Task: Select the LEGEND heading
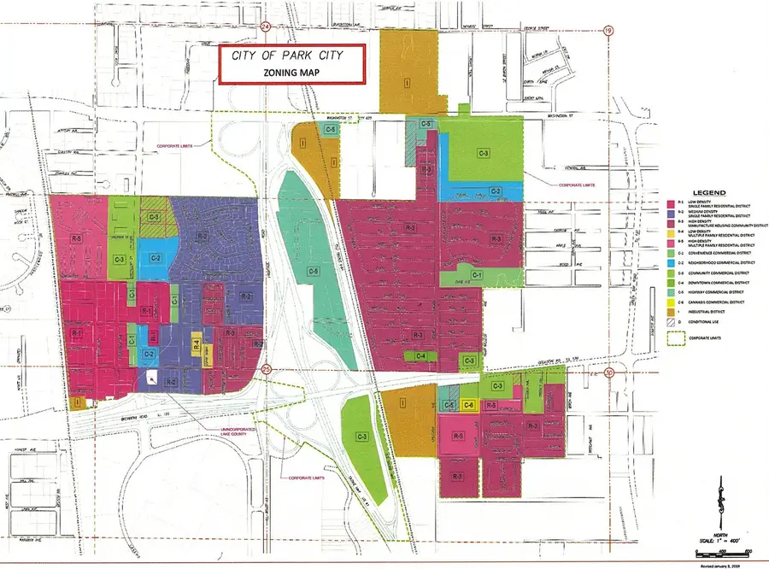pos(708,194)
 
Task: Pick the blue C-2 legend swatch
pos(670,262)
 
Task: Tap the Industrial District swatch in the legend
pos(670,313)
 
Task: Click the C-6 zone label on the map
pos(468,405)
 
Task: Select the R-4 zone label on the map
pos(196,346)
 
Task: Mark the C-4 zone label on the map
pos(420,355)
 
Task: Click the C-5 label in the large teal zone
pos(314,273)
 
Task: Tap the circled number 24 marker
pos(266,26)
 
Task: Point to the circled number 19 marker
pos(608,31)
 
